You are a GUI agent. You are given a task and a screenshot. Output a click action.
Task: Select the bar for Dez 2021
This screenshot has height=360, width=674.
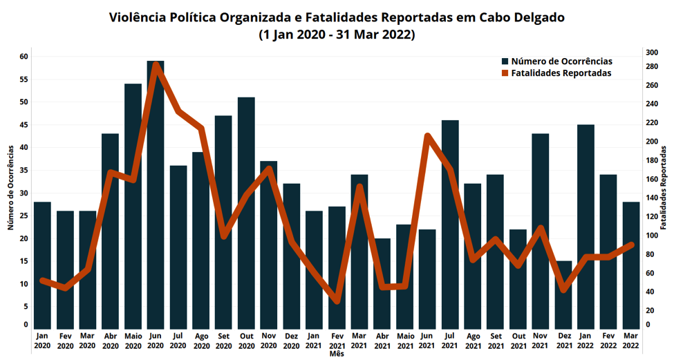[x=564, y=294]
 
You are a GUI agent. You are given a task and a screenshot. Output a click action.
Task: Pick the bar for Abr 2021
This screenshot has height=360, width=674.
[x=382, y=283]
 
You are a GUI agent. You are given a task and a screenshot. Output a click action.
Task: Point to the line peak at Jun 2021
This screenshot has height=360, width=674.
[x=427, y=136]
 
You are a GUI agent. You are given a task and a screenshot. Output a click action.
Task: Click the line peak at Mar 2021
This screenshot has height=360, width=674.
[x=360, y=187]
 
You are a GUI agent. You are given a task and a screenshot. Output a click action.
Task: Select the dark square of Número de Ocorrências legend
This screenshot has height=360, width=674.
[x=505, y=61]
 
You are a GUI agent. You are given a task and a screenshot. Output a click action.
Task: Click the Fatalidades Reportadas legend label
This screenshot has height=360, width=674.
[x=561, y=73]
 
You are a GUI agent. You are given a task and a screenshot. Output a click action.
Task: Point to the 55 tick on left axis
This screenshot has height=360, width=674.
[x=24, y=79]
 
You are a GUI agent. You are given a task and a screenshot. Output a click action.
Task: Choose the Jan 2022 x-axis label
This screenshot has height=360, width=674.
[x=586, y=340]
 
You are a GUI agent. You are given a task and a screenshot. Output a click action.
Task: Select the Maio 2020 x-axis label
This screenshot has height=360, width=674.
[x=133, y=340]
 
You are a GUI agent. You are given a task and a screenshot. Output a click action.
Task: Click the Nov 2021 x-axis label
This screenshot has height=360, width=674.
[x=541, y=340]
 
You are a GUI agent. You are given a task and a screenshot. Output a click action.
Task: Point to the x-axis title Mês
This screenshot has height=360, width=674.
[x=337, y=354]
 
